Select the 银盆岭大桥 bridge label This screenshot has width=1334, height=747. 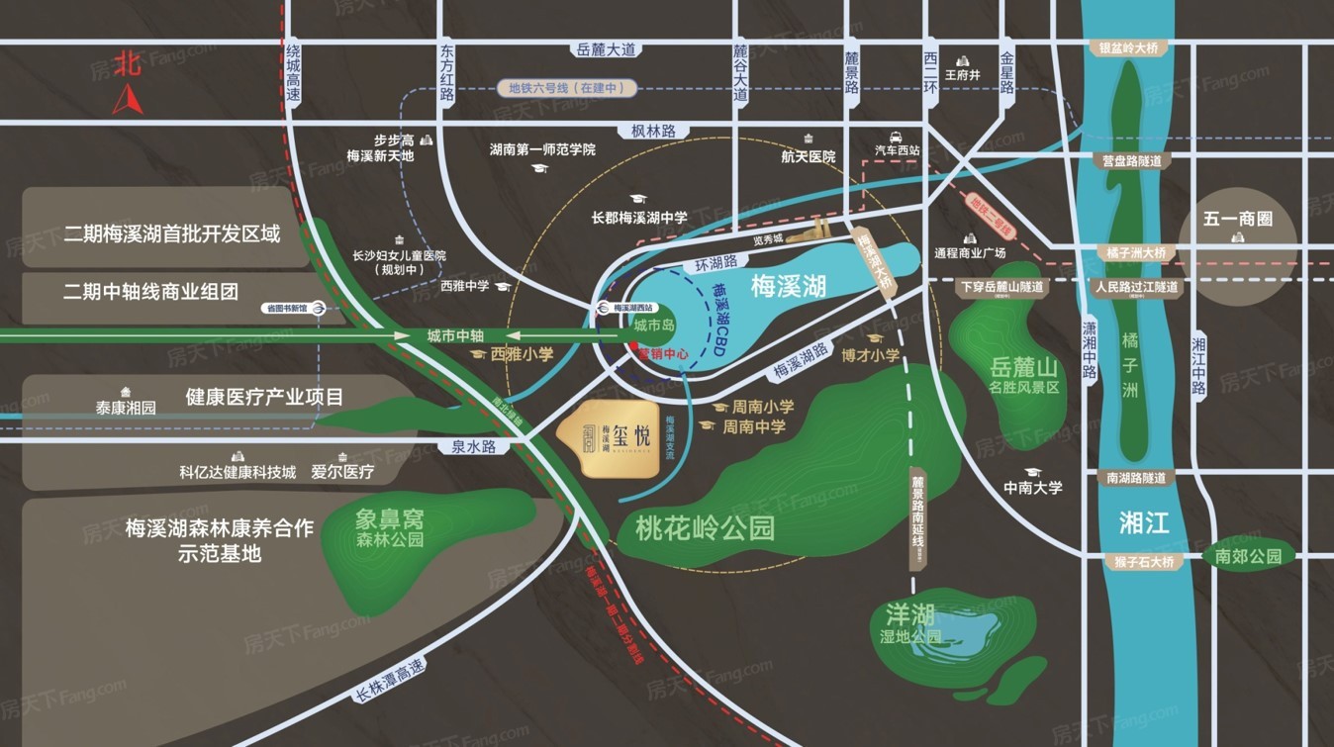[1129, 47]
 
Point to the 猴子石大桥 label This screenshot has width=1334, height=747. [1141, 562]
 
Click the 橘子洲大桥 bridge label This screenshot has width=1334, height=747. [1136, 252]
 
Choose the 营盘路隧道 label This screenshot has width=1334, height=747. [1129, 160]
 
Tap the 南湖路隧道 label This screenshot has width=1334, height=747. [1135, 478]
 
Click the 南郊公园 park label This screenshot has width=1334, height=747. [1249, 556]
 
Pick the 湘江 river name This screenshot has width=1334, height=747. [1144, 521]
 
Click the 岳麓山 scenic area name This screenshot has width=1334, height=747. [1023, 368]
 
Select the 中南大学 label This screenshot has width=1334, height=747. [1032, 487]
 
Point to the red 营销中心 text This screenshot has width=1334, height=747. [660, 353]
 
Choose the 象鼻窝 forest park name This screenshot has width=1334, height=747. [390, 517]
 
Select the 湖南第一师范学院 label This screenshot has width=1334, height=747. [542, 149]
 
